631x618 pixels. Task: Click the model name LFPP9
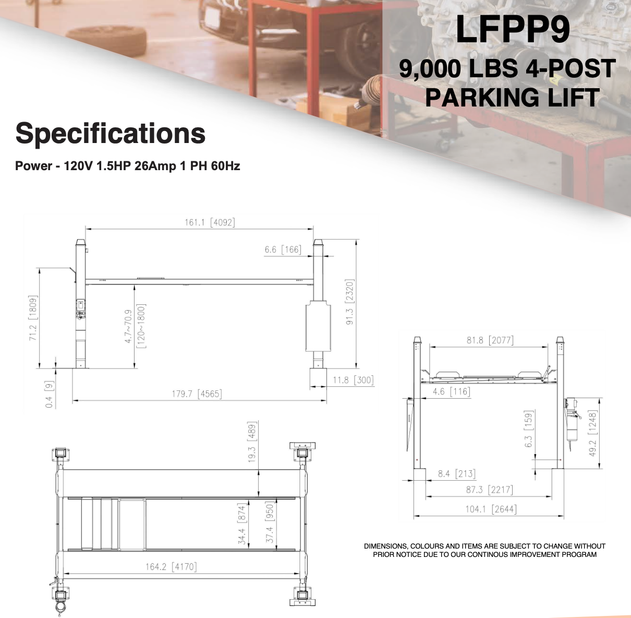coord(513,30)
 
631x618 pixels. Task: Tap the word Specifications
coord(111,134)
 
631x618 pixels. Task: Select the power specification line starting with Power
coord(127,166)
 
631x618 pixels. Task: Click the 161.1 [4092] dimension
coord(210,222)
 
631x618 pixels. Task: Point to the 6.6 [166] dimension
coord(283,249)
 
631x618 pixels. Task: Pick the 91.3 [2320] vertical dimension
coord(350,302)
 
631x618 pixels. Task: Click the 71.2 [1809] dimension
coord(33,318)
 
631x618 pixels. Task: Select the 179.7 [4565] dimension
coord(197,394)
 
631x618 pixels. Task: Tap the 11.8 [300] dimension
coord(353,380)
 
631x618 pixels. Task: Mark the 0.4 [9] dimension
coord(49,395)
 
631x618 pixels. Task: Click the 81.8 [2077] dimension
coord(490,340)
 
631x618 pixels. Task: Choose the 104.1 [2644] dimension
coord(491,509)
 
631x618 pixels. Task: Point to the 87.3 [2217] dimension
coord(489,490)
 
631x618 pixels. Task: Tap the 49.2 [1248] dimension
coord(592,433)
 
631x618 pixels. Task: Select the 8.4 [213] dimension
coord(456,474)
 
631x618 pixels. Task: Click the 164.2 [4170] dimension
coord(171,566)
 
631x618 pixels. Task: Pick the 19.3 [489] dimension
coord(252,443)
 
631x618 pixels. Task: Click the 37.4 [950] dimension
coord(270,522)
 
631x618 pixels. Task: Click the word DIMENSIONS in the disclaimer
coord(385,546)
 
